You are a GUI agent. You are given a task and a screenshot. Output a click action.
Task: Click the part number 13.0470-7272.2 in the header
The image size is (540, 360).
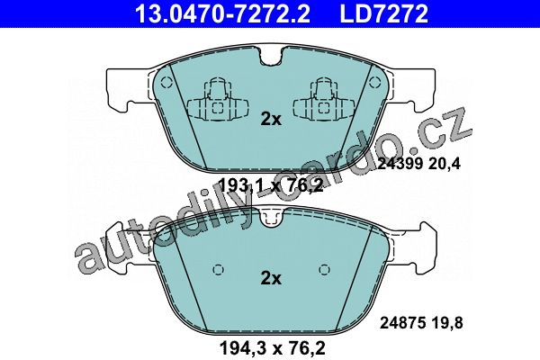(223, 13)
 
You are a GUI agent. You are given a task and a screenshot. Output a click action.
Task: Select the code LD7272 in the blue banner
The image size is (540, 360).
(384, 13)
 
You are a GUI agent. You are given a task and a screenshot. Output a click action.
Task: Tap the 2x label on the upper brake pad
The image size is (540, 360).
(271, 119)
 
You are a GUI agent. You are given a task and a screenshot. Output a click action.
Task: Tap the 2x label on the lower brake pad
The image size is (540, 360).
(271, 278)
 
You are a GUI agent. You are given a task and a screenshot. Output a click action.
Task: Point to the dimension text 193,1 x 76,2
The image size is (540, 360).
(271, 186)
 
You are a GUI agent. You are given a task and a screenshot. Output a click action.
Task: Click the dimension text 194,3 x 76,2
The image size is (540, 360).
(273, 348)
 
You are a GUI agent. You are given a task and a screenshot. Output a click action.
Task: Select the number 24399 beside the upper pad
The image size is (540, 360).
(400, 164)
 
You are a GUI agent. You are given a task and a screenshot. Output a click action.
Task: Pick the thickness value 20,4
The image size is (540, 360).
(445, 164)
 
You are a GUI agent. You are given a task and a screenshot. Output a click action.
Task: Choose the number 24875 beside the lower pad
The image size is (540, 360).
(402, 323)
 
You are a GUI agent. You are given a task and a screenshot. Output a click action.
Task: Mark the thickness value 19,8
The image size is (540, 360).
(446, 323)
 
